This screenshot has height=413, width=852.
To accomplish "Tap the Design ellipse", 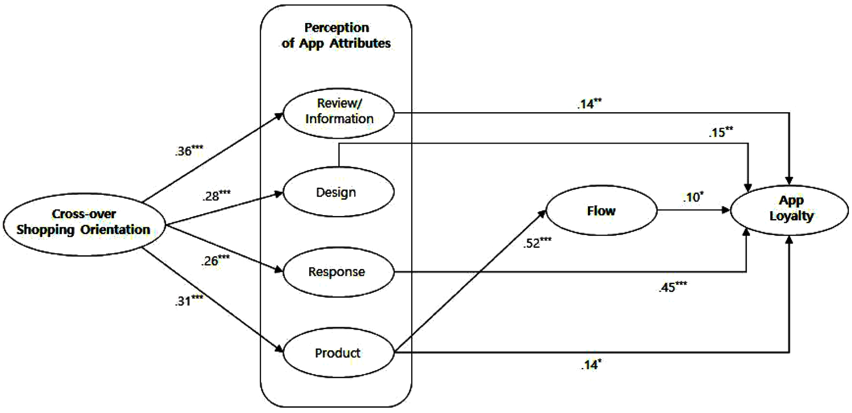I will click(x=339, y=193).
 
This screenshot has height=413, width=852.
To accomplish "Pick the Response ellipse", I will click(x=339, y=272).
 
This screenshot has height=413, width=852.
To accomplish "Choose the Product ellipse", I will click(x=339, y=353).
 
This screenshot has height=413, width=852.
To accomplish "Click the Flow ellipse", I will click(x=601, y=211).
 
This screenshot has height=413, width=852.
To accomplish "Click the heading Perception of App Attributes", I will click(x=336, y=36).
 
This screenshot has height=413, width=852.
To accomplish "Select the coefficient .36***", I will click(x=189, y=151).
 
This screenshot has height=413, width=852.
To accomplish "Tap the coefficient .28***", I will click(x=216, y=196).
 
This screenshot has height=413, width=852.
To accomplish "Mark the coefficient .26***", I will click(x=215, y=261).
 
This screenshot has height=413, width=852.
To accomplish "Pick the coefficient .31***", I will click(x=189, y=301).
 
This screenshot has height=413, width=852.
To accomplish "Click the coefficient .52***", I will click(x=537, y=243).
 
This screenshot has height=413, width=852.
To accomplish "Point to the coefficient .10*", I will click(x=692, y=197).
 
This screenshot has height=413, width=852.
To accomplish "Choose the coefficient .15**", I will click(x=720, y=133).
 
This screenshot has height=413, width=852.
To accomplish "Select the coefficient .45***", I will click(x=673, y=287).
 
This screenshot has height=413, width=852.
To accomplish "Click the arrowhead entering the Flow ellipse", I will click(x=542, y=213).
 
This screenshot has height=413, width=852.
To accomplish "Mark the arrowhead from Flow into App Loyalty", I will click(x=726, y=210).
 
